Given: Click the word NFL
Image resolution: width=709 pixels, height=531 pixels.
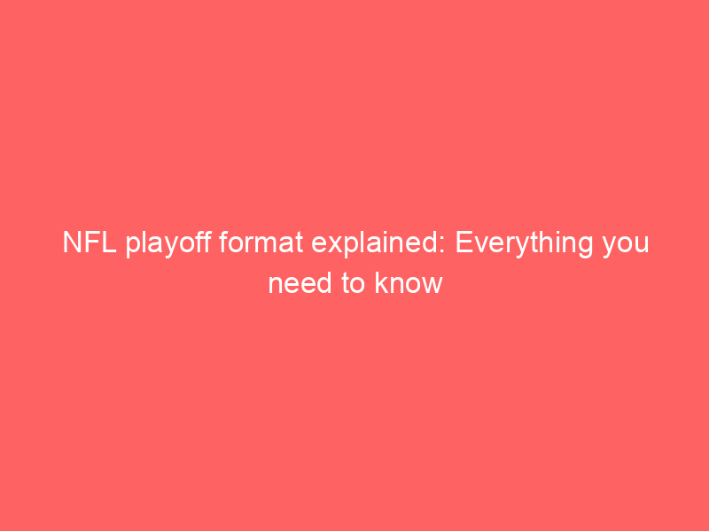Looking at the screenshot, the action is (x=90, y=242).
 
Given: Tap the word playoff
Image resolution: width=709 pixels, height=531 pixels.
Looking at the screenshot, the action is (x=168, y=244).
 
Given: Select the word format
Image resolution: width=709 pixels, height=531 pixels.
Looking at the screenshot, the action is (x=261, y=242).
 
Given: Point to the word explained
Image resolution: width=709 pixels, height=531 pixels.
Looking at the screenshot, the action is (x=375, y=244).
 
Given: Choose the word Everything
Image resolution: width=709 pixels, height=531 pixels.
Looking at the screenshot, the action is (x=524, y=244).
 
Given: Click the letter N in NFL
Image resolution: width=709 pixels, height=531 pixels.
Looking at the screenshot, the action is (x=73, y=242).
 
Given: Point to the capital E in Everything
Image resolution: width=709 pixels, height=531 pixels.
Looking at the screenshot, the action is (x=464, y=242).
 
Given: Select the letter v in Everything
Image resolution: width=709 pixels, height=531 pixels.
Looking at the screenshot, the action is (x=480, y=245).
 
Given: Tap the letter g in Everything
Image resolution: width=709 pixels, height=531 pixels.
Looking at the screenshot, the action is (x=585, y=248).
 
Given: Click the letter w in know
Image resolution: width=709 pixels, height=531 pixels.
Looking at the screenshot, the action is (x=432, y=286).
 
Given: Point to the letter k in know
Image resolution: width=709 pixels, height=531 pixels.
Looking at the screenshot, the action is (x=381, y=282).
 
